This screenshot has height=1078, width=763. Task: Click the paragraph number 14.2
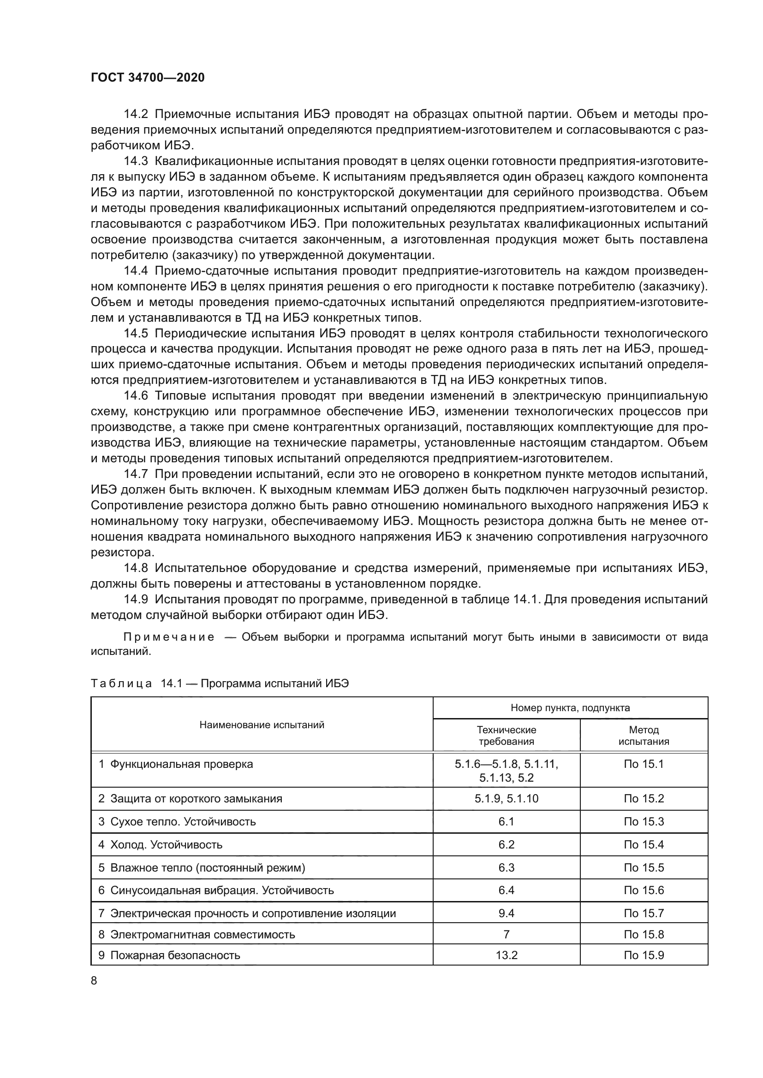coord(136,115)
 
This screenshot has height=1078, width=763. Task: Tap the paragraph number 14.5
coord(136,334)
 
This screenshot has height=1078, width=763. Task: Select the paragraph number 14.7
coord(136,475)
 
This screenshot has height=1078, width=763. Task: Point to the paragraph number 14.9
coord(136,600)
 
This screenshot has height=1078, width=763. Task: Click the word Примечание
coord(169,637)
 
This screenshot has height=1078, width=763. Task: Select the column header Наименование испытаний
coord(262,725)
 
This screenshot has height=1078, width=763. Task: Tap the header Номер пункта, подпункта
coord(570,708)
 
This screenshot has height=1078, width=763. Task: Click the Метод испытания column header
coord(643,736)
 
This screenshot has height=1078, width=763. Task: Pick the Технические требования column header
coord(506,736)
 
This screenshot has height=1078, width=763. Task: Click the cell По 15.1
coord(643,764)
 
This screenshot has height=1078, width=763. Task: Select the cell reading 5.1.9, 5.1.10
coord(506,799)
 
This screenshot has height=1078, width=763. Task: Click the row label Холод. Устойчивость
coord(166,845)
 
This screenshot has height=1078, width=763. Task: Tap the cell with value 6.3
coord(506,868)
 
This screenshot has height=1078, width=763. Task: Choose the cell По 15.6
coord(643,891)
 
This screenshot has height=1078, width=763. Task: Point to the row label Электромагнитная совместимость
coord(202,934)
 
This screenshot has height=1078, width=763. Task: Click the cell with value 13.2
coord(506,955)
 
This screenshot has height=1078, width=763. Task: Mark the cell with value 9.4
coord(506,913)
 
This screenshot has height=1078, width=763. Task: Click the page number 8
coord(94,981)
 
